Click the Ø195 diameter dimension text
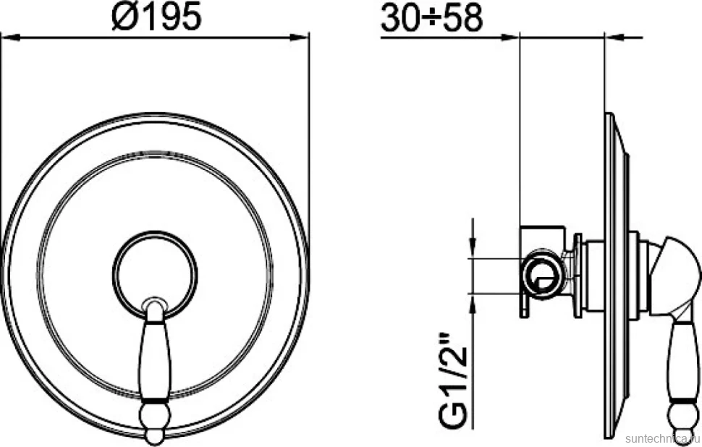tap(156, 17)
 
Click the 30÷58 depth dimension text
tap(431, 17)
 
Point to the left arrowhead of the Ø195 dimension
tap(10, 38)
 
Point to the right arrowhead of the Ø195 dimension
tap(300, 38)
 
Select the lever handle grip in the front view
tap(154, 358)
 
